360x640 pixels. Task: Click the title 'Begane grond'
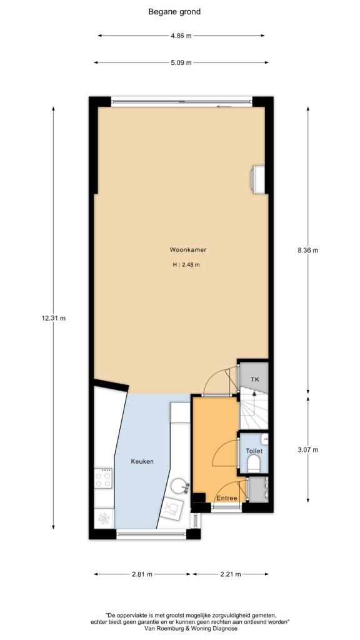pyautogui.click(x=174, y=12)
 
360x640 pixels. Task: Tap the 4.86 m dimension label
pyautogui.click(x=181, y=36)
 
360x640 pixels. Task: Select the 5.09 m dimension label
pyautogui.click(x=181, y=62)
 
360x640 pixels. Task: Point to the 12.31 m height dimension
pyautogui.click(x=54, y=318)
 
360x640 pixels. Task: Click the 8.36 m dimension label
pyautogui.click(x=307, y=250)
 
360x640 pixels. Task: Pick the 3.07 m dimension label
pyautogui.click(x=307, y=450)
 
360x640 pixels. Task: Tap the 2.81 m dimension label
pyautogui.click(x=142, y=574)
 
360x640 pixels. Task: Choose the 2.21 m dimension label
pyautogui.click(x=231, y=574)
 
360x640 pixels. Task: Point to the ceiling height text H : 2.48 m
pyautogui.click(x=186, y=264)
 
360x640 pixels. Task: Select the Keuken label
pyautogui.click(x=142, y=461)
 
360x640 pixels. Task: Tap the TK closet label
pyautogui.click(x=255, y=379)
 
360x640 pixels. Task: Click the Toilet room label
pyautogui.click(x=254, y=451)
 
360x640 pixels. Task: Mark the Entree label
pyautogui.click(x=226, y=498)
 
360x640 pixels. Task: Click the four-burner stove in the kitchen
pyautogui.click(x=103, y=478)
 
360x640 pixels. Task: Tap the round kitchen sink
pyautogui.click(x=179, y=486)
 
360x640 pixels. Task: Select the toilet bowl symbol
pyautogui.click(x=254, y=464)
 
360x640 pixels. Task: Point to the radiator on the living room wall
pyautogui.click(x=257, y=179)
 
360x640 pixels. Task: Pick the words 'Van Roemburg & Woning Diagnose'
pyautogui.click(x=191, y=629)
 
